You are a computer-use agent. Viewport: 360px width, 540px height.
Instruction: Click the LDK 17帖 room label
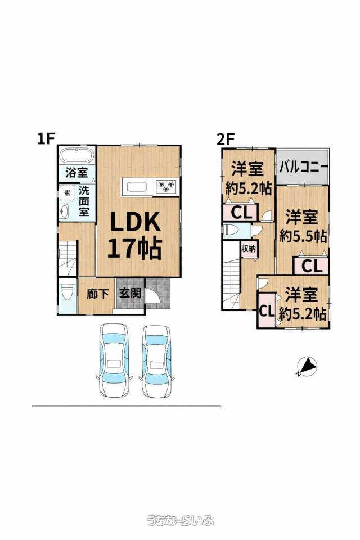click(x=134, y=235)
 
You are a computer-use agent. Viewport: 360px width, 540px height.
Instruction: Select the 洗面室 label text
click(x=84, y=201)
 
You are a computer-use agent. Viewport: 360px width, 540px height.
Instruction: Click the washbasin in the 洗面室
click(x=64, y=211)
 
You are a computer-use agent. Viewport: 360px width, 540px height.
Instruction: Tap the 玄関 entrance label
click(x=130, y=294)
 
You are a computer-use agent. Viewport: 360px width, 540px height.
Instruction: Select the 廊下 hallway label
click(x=97, y=294)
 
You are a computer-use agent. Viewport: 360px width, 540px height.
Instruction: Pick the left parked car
click(x=115, y=360)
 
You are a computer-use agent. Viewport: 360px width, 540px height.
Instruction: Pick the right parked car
click(x=157, y=360)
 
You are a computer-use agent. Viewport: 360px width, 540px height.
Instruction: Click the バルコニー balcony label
click(x=303, y=168)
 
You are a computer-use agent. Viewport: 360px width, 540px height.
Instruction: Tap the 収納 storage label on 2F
click(x=249, y=248)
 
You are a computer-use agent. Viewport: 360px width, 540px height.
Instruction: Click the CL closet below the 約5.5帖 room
click(x=312, y=265)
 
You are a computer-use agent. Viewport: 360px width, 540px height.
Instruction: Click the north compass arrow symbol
click(x=307, y=366)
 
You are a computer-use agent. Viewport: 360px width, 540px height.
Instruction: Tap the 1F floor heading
click(x=47, y=138)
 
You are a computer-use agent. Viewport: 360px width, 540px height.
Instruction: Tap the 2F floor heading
click(x=226, y=139)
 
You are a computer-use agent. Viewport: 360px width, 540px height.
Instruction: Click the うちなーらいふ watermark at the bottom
click(x=180, y=520)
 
